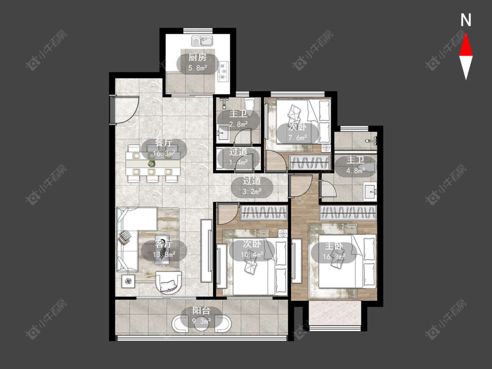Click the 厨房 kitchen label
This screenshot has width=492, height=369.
pyautogui.click(x=198, y=58)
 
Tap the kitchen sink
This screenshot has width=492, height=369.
pyautogui.click(x=202, y=42)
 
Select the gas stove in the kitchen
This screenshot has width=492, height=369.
pyautogui.click(x=223, y=71)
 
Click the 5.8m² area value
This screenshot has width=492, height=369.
pyautogui.click(x=198, y=67)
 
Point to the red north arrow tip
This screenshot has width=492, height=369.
pyautogui.click(x=466, y=34)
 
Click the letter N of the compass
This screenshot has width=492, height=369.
pyautogui.click(x=466, y=20)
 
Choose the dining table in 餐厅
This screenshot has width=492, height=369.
pyautogui.click(x=153, y=164)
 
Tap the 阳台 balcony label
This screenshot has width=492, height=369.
pyautogui.click(x=201, y=311)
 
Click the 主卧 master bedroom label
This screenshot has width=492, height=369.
pyautogui.click(x=334, y=246)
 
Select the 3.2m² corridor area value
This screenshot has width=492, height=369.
pyautogui.click(x=252, y=191)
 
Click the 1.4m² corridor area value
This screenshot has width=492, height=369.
pyautogui.click(x=238, y=162)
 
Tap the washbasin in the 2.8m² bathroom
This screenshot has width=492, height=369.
pyautogui.click(x=223, y=134)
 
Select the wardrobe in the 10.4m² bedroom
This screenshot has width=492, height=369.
pyautogui.click(x=264, y=212)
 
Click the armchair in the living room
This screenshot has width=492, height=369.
pyautogui.click(x=169, y=282)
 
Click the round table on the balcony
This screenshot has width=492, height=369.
pyautogui.click(x=201, y=324)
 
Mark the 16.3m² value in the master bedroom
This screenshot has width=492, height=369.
pyautogui.click(x=334, y=256)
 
